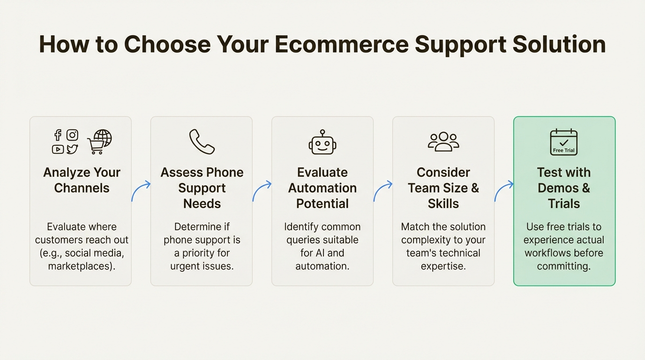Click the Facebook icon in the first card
58,135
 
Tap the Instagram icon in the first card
72,135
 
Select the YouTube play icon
58,149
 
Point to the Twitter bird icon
72,149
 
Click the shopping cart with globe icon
100,142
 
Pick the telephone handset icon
202,142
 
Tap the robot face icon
322,142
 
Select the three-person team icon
443,142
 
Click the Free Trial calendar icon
563,142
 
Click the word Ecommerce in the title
341,44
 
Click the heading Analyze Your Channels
82,180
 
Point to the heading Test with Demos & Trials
564,188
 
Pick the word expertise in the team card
443,266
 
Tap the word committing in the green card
563,266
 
